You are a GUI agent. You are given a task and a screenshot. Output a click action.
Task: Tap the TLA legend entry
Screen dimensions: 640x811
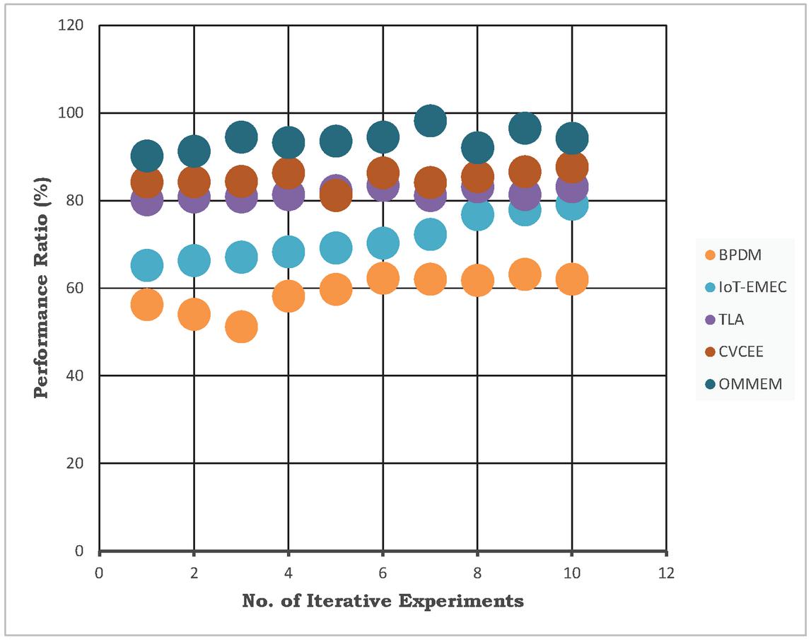[731, 320]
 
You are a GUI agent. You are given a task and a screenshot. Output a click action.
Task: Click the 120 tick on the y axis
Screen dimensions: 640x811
[74, 26]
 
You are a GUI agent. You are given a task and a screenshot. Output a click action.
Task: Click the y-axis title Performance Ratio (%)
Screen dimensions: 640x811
[42, 288]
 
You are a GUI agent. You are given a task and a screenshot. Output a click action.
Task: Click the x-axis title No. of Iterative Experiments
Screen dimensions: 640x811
[383, 602]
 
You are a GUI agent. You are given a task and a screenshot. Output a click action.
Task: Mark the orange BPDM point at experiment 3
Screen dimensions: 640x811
[241, 327]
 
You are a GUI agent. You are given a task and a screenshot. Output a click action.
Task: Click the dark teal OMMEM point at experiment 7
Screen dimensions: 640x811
[430, 121]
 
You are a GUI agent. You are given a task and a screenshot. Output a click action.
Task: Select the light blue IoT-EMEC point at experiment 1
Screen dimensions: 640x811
[146, 265]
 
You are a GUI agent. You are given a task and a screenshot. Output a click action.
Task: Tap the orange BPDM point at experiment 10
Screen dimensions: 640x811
[571, 279]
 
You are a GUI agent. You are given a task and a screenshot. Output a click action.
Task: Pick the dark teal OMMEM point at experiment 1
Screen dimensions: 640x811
[146, 156]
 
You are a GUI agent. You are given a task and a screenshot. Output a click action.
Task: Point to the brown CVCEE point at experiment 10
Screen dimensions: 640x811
[571, 168]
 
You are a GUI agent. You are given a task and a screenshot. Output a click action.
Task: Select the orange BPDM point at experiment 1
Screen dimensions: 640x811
[146, 305]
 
